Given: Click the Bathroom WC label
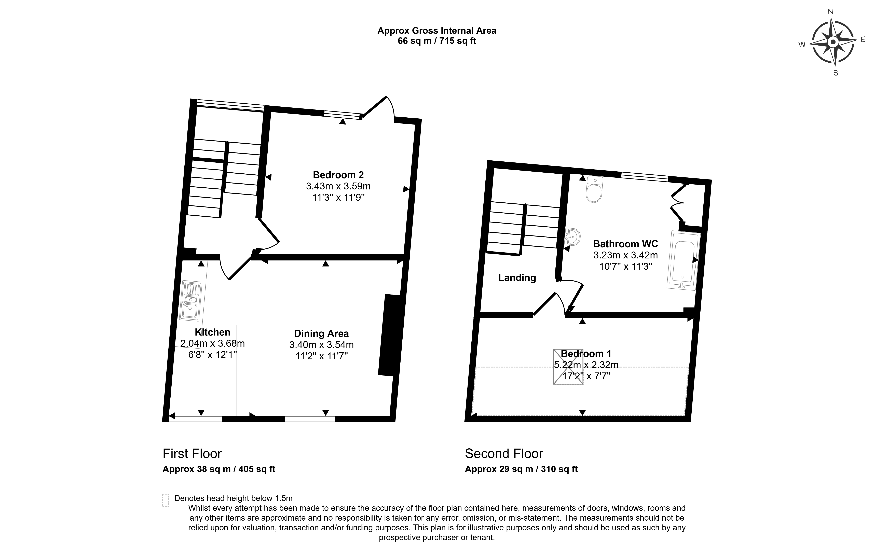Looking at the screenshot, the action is [x=625, y=244].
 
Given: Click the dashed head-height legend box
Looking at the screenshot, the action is [x=166, y=500].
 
